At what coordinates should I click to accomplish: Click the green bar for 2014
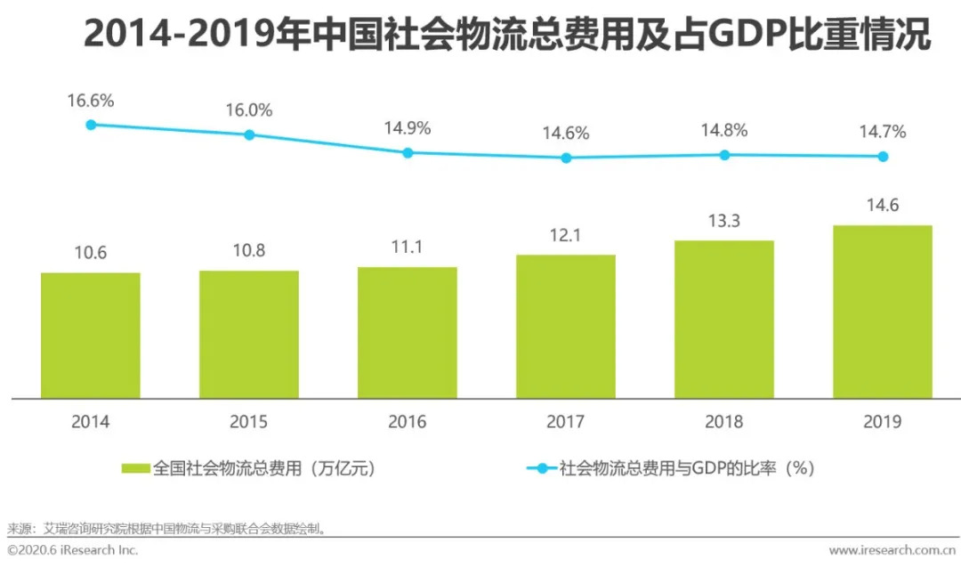click(91, 335)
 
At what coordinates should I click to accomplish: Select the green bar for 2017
click(566, 326)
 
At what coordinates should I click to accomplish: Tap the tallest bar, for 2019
click(882, 312)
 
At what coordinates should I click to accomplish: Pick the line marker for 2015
click(249, 134)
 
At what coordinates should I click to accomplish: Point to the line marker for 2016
click(408, 152)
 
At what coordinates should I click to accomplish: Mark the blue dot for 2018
click(724, 155)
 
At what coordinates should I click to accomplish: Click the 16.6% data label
click(91, 101)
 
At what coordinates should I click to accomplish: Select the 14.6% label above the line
click(566, 134)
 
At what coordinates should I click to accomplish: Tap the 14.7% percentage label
click(882, 132)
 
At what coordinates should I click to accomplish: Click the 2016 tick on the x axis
click(408, 421)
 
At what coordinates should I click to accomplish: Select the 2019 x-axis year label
click(882, 421)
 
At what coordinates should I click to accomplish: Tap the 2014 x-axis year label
click(91, 421)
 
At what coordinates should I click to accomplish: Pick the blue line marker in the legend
click(540, 467)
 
